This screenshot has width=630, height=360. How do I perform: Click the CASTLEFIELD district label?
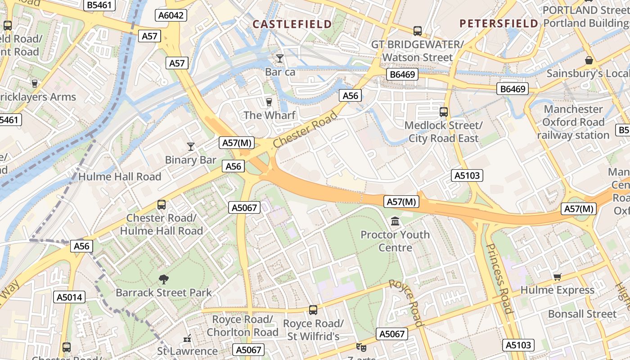[292, 24]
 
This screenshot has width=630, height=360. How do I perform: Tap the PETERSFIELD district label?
[499, 23]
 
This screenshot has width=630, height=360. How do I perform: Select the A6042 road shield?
[171, 15]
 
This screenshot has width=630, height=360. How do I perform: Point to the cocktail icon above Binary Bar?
[191, 146]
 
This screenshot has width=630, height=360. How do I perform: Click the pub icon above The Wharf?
[269, 102]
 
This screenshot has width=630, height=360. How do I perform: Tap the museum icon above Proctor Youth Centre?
[395, 221]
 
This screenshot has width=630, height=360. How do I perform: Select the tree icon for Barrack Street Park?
[164, 279]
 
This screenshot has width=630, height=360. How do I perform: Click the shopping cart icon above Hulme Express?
[557, 277]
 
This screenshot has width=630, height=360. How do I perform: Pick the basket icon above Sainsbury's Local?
[589, 60]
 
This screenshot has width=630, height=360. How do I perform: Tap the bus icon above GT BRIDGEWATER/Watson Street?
[418, 31]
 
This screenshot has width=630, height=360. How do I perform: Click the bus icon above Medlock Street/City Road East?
[444, 112]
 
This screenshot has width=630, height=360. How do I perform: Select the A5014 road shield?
[69, 297]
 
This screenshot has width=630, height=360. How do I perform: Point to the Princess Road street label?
[499, 279]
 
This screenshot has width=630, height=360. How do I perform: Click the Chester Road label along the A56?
[305, 130]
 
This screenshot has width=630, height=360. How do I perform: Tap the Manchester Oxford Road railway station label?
[573, 122]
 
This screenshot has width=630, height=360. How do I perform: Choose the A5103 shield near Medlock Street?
[467, 175]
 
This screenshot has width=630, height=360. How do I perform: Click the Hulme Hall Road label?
[120, 177]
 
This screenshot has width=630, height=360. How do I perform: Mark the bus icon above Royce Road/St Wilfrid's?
[313, 310]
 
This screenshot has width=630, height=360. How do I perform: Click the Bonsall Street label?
[582, 314]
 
